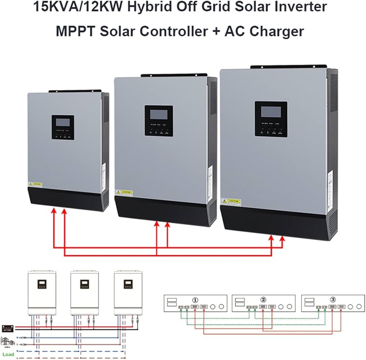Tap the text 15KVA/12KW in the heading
tap(61, 7)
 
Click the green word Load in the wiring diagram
tap(8, 354)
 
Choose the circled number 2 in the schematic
tap(263, 299)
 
